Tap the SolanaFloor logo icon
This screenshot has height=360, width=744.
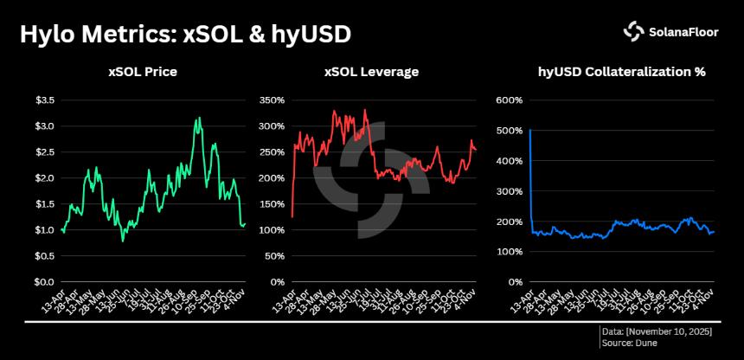click(x=633, y=31)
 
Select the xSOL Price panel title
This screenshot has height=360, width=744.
click(x=143, y=72)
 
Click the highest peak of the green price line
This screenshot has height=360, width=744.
click(x=200, y=118)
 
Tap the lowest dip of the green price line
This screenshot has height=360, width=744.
click(x=123, y=241)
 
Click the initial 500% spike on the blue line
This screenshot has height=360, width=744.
click(x=529, y=131)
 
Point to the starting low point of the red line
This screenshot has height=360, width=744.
click(x=292, y=216)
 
